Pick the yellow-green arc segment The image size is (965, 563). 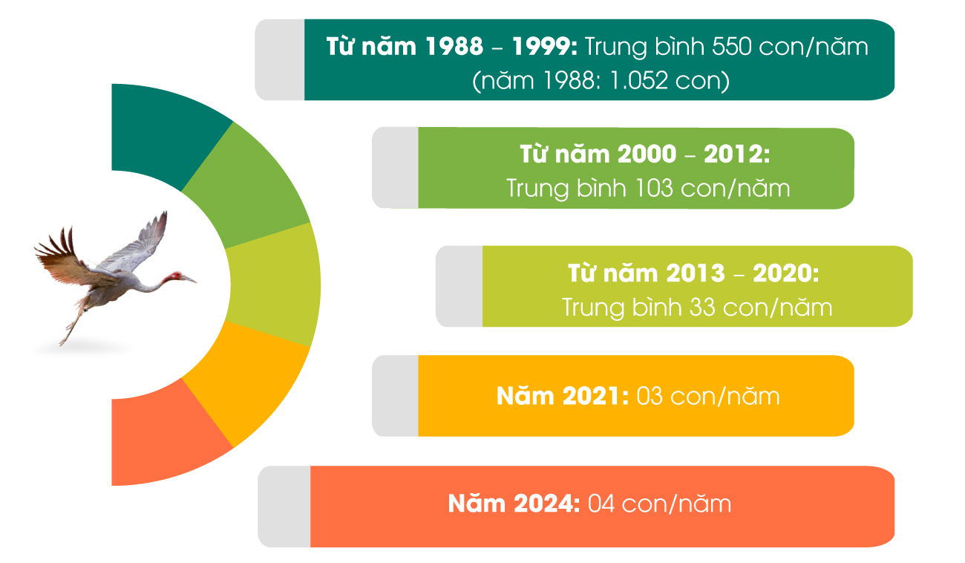pos(274,284)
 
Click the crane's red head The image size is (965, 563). pos(176,276)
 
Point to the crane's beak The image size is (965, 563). pos(189,279)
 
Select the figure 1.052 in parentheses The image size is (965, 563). pos(639,81)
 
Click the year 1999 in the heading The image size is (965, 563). pos(540,47)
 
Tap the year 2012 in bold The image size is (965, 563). pos(733,154)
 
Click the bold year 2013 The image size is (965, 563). pos(696,273)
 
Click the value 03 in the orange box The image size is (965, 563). pos(650,397)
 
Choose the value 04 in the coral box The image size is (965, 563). pos(601,504)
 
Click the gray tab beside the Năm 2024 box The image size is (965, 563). pos(284,507)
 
